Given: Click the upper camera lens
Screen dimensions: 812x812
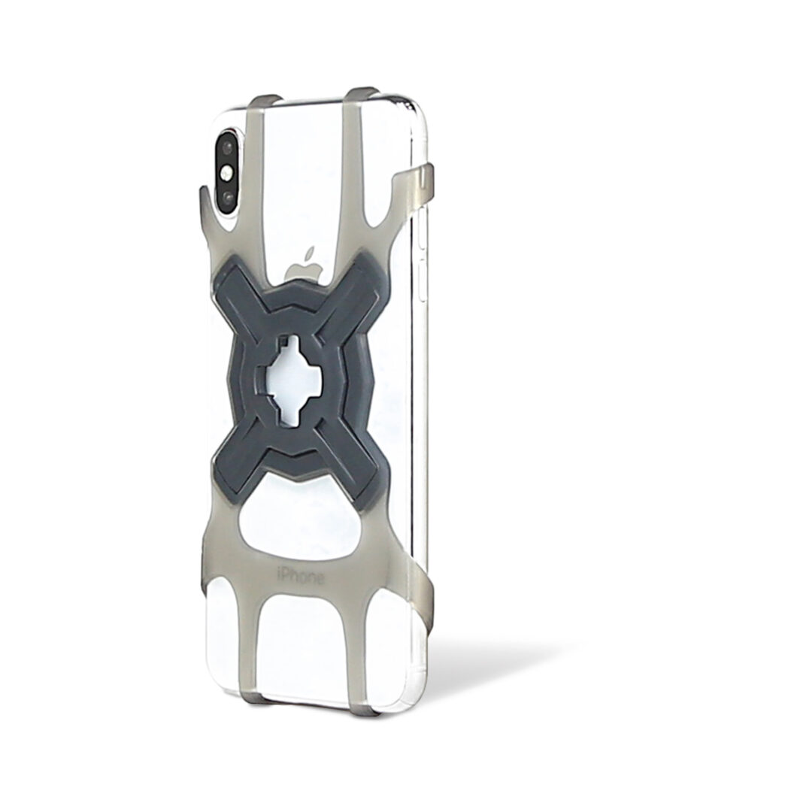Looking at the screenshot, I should pos(228,147).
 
